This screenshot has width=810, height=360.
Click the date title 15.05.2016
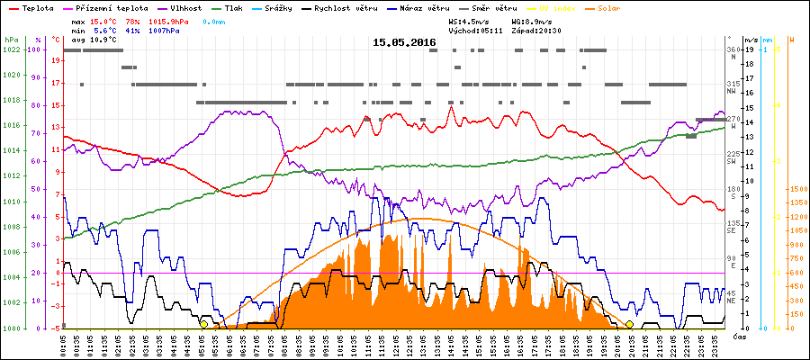[x=404, y=42]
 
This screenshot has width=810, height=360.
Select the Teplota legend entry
[x=32, y=7]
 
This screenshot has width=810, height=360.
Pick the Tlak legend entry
[x=235, y=7]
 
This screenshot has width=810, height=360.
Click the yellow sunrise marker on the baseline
[x=204, y=324]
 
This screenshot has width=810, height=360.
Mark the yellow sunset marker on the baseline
[x=629, y=324]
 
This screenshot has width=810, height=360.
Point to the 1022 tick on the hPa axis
[x=11, y=49]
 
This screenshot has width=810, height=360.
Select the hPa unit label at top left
[x=11, y=40]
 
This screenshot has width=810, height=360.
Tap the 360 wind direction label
[x=733, y=49]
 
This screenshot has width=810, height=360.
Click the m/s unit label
[x=751, y=40]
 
